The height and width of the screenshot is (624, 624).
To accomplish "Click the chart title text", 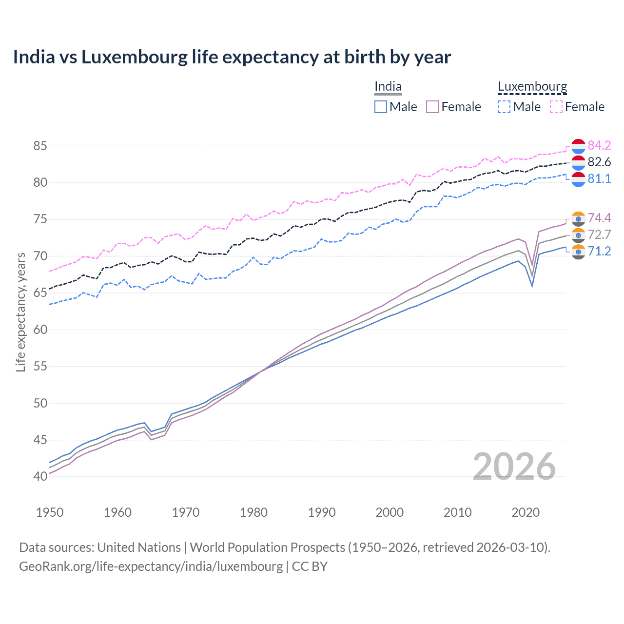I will coord(232,57).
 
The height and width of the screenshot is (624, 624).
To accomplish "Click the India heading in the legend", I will coord(388,86).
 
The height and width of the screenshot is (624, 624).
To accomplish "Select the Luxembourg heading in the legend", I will coord(532,86).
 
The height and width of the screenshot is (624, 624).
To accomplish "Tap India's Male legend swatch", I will coord(381,107).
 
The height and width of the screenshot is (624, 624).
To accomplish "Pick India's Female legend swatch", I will coord(432,107).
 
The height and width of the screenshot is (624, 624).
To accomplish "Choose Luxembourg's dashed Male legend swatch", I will coord(504,107).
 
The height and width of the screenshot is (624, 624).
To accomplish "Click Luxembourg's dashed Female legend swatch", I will coord(556,107).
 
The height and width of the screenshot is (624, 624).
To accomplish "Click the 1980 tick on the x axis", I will coord(253,512).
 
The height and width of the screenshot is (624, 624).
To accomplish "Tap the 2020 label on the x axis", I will coord(526,512).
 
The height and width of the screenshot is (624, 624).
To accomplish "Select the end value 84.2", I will coord(599,145).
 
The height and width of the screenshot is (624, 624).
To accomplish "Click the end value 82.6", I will coord(599,162).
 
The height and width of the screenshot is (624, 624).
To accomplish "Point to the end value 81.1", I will coord(599,178).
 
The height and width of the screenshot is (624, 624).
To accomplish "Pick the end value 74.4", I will coord(599,218).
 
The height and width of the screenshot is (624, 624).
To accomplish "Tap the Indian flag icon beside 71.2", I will coord(578,252).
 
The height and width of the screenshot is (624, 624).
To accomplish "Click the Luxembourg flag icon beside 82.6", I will coord(578,162).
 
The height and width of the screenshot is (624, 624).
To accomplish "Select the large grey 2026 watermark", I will coord(514,467).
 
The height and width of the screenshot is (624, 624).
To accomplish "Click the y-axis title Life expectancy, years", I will coord(20,312).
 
